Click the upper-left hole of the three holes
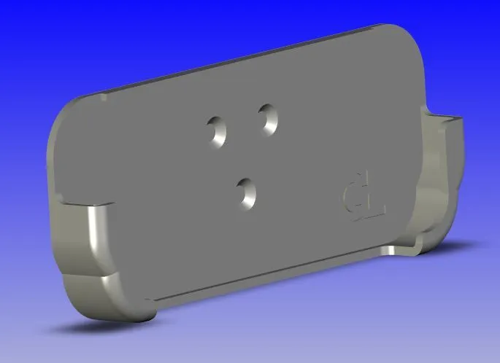tap(217, 130)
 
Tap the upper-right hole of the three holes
tap(267, 118)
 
